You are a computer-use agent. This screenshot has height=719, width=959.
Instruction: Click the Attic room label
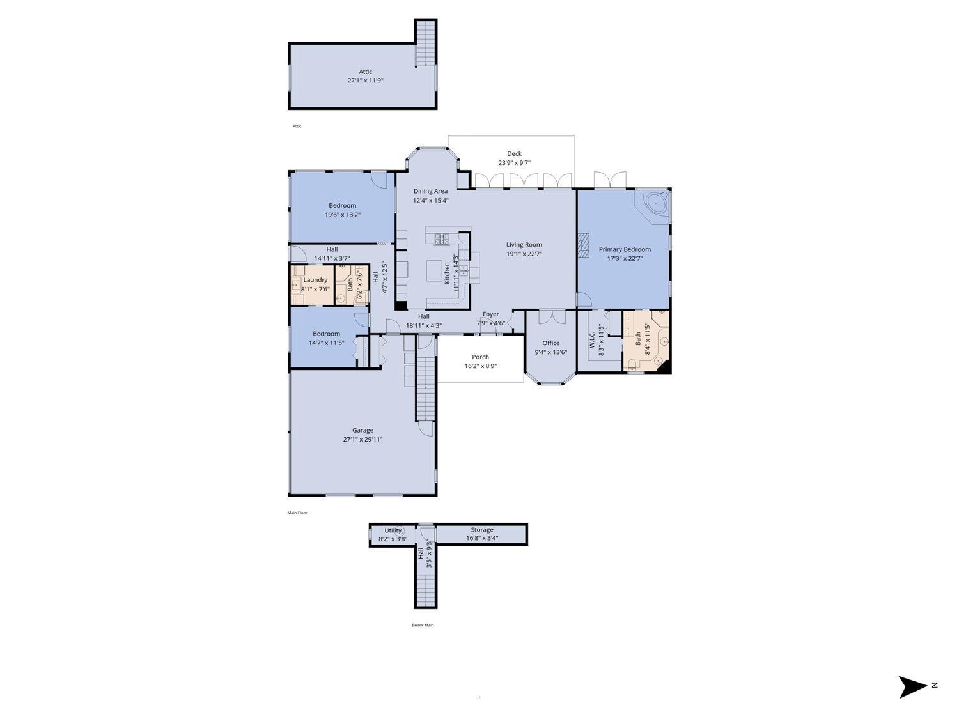tap(365, 72)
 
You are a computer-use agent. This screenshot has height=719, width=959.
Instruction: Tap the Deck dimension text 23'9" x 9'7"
tap(514, 163)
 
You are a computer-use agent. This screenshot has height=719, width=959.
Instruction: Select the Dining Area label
tap(430, 191)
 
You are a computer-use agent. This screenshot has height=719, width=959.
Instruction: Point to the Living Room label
tap(524, 245)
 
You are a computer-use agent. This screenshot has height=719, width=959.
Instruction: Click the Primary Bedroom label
tap(624, 250)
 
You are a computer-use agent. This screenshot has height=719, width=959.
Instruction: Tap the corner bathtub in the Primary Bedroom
tap(654, 204)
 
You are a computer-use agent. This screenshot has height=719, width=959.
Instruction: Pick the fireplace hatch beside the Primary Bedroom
tap(582, 245)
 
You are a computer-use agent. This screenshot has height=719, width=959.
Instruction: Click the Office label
tap(550, 343)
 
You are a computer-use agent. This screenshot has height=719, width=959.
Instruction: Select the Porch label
tap(480, 357)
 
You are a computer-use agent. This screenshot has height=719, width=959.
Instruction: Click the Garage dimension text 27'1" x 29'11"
tap(363, 440)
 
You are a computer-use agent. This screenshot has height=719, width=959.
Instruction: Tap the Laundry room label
tap(315, 280)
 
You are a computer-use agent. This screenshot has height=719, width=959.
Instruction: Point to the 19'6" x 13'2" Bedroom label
tap(342, 206)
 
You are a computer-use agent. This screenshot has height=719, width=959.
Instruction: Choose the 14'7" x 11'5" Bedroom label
tap(326, 334)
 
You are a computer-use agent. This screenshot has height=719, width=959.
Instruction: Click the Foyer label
tap(490, 314)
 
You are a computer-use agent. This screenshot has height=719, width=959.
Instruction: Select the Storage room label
tap(481, 530)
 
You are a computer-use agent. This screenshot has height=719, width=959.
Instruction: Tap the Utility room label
tap(393, 530)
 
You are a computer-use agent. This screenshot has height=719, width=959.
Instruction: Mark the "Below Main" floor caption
tap(422, 625)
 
